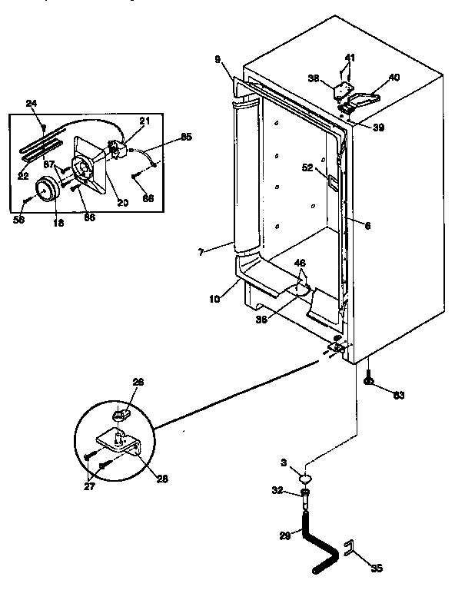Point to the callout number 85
point(187,138)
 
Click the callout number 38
point(314,78)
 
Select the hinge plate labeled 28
point(124,443)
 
